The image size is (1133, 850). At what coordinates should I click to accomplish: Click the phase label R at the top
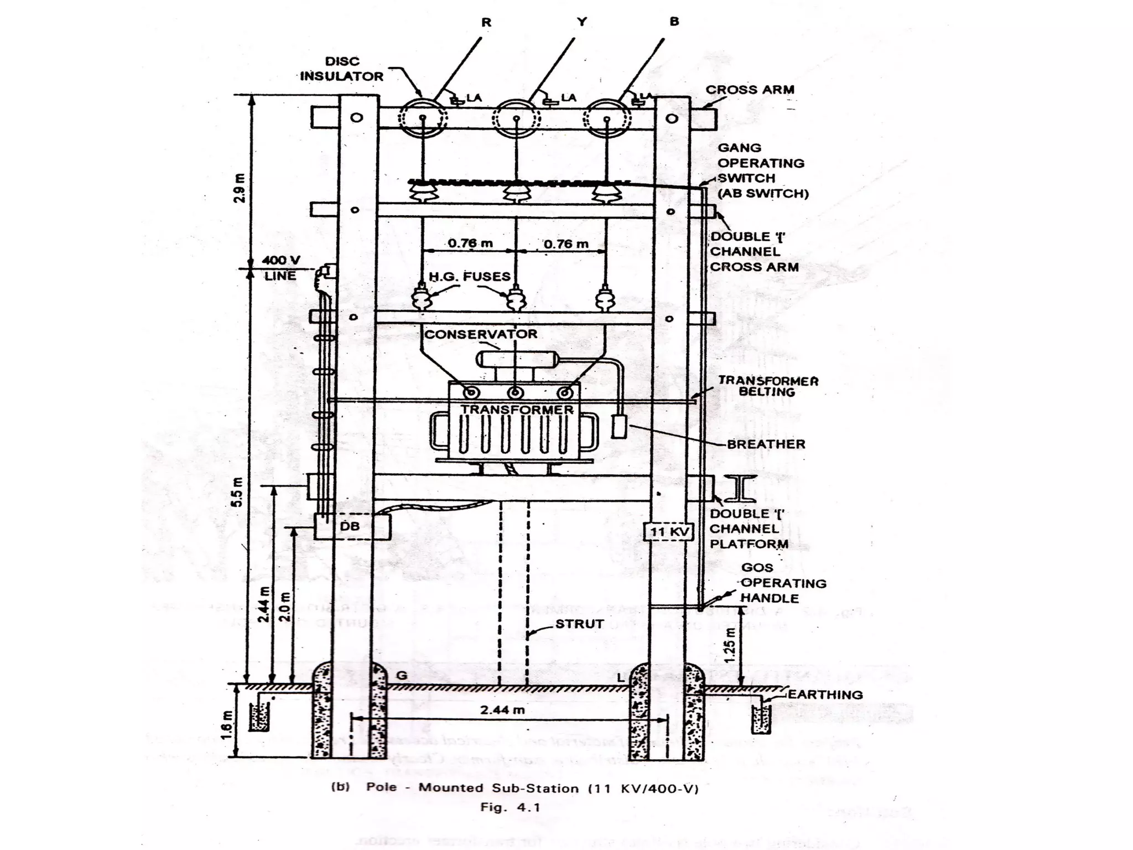pyautogui.click(x=486, y=23)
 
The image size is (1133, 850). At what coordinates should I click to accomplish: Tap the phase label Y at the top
pyautogui.click(x=581, y=22)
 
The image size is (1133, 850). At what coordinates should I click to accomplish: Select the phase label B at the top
pyautogui.click(x=674, y=22)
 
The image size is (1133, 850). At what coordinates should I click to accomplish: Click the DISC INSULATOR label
pyautogui.click(x=341, y=69)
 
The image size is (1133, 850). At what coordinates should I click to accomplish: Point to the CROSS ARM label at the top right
pyautogui.click(x=750, y=90)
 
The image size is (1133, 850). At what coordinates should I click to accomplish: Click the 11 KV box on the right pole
pyautogui.click(x=669, y=532)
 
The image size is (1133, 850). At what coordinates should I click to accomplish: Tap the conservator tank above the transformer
pyautogui.click(x=516, y=359)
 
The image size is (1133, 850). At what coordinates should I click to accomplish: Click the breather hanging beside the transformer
pyautogui.click(x=619, y=426)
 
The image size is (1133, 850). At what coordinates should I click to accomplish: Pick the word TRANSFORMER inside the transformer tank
pyautogui.click(x=517, y=410)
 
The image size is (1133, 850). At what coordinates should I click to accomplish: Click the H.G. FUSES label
pyautogui.click(x=470, y=277)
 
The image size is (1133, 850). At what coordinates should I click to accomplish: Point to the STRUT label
pyautogui.click(x=579, y=624)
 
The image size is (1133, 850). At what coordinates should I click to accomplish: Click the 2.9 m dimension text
pyautogui.click(x=240, y=188)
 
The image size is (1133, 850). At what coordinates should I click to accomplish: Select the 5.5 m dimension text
pyautogui.click(x=237, y=491)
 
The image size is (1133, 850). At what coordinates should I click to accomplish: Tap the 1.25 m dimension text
pyautogui.click(x=730, y=645)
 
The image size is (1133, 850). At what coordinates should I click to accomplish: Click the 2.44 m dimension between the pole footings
pyautogui.click(x=502, y=709)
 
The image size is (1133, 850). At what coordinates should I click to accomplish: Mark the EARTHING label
pyautogui.click(x=825, y=694)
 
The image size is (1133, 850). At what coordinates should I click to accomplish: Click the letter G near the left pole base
pyautogui.click(x=402, y=675)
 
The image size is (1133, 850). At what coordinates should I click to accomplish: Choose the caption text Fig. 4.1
pyautogui.click(x=510, y=807)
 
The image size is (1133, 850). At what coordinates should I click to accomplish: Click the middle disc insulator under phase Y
pyautogui.click(x=516, y=118)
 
